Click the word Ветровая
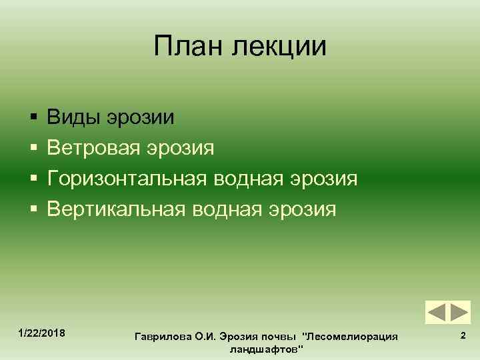[x=97, y=148]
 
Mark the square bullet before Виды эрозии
[x=32, y=119]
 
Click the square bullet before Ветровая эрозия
[x=32, y=149]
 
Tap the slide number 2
[x=463, y=337]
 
